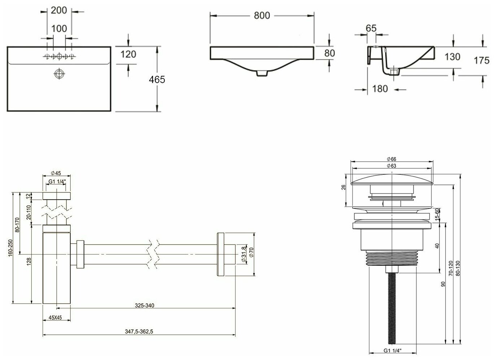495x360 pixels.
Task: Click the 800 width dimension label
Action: (x=262, y=16)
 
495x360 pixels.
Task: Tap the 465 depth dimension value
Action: (x=157, y=79)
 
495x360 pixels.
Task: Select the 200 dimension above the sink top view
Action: (x=59, y=10)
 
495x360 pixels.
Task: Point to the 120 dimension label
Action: (x=128, y=54)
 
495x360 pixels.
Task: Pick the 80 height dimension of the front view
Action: (x=329, y=53)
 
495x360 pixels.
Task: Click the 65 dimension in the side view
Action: (x=371, y=28)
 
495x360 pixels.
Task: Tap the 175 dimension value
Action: (x=481, y=60)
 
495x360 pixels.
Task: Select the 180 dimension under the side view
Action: (x=380, y=88)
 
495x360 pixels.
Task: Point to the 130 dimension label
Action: (x=452, y=57)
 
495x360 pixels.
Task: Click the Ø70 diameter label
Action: (x=251, y=255)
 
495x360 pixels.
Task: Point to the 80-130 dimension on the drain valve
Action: (x=458, y=269)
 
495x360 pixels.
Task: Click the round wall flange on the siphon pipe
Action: (x=220, y=255)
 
